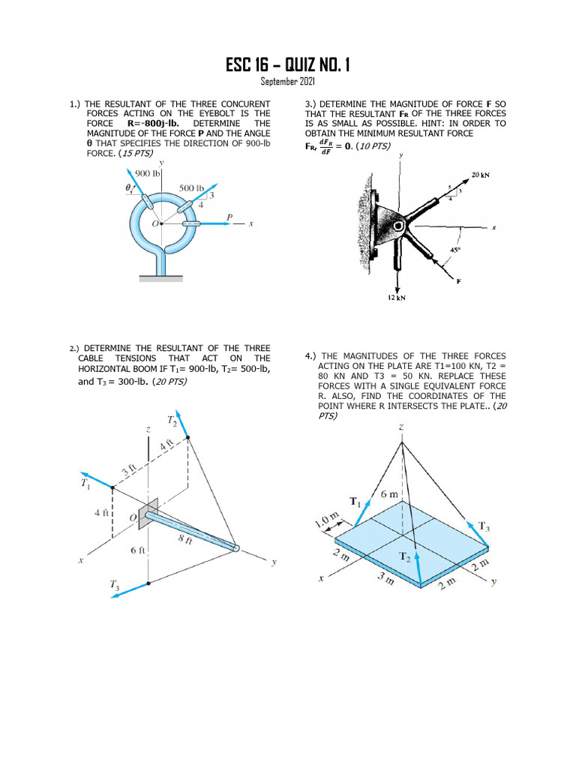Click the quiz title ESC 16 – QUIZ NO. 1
tap(287, 66)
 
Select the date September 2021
tap(287, 81)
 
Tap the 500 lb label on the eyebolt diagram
tap(192, 187)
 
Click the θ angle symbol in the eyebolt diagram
tap(128, 189)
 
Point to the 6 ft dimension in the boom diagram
tap(137, 550)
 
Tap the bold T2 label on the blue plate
tap(405, 556)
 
